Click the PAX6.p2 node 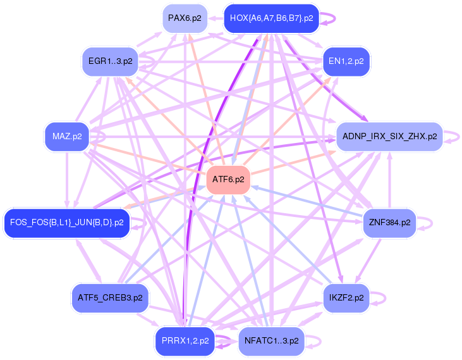tap(185, 18)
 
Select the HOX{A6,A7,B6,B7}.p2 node tap(271, 18)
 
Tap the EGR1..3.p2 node tap(111, 61)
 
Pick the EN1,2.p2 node tap(346, 61)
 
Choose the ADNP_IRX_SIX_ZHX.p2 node tap(389, 137)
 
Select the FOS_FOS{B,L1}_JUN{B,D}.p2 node tap(67, 223)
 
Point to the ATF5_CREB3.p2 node tap(110, 297)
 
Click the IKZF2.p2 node tap(346, 297)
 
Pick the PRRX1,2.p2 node tap(185, 341)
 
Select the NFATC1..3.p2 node tap(271, 341)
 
